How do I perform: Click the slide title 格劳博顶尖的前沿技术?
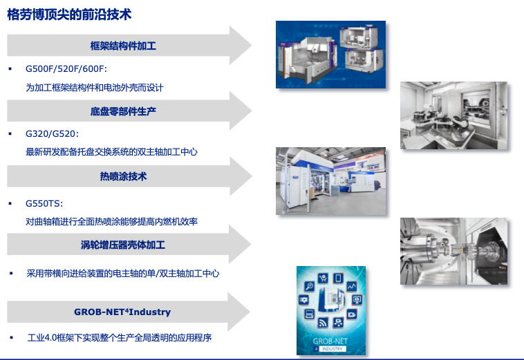pos(69,15)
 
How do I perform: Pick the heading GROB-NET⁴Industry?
pos(122,312)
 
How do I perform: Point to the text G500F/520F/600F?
pos(66,69)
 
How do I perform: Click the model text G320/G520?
pos(52,134)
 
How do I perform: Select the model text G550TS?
pos(44,203)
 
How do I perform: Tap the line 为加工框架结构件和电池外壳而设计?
pos(95,88)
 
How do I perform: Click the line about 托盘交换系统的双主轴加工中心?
pos(111,152)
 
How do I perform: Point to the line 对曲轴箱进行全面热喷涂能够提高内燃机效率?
pos(111,221)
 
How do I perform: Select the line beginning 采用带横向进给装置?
pos(123,274)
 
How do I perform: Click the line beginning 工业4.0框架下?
pos(120,338)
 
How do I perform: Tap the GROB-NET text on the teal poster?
pos(330,341)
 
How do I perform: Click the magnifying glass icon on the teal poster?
pos(309,287)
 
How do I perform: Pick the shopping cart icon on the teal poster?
pos(323,278)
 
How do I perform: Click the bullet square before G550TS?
pos(10,203)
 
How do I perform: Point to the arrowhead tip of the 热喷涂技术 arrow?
pos(252,176)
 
